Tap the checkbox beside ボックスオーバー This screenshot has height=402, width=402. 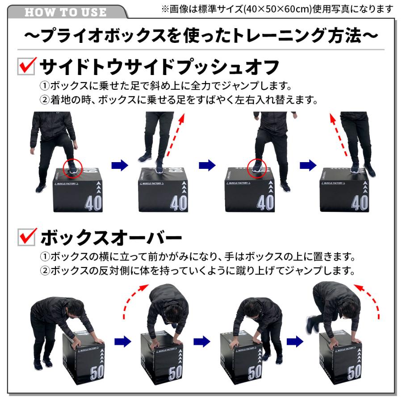click(x=26, y=237)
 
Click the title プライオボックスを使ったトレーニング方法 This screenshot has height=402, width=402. click(x=201, y=36)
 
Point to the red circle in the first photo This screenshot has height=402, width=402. click(x=72, y=167)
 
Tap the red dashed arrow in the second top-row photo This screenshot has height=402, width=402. click(x=176, y=134)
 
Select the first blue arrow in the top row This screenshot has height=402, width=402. click(x=119, y=165)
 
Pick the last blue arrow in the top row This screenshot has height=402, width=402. click(x=308, y=165)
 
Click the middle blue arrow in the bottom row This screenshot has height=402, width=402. click(x=202, y=341)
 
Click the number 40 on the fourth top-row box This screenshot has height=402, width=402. click(x=360, y=203)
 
